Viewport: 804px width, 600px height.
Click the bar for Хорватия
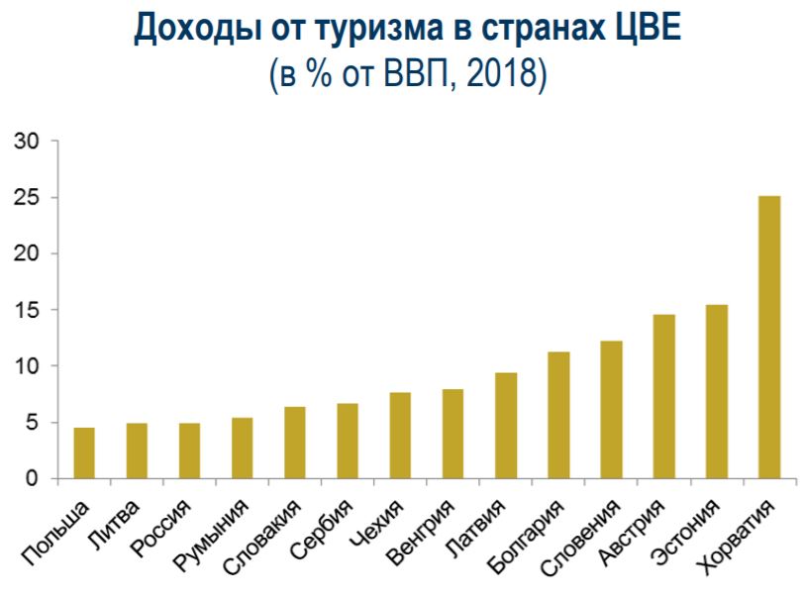(768, 338)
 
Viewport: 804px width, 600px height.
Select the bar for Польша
(85, 453)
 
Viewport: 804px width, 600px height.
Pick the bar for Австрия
(663, 397)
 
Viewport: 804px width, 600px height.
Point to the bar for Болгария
(558, 416)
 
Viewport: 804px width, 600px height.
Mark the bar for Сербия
(348, 442)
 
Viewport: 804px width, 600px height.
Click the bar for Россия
(190, 451)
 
